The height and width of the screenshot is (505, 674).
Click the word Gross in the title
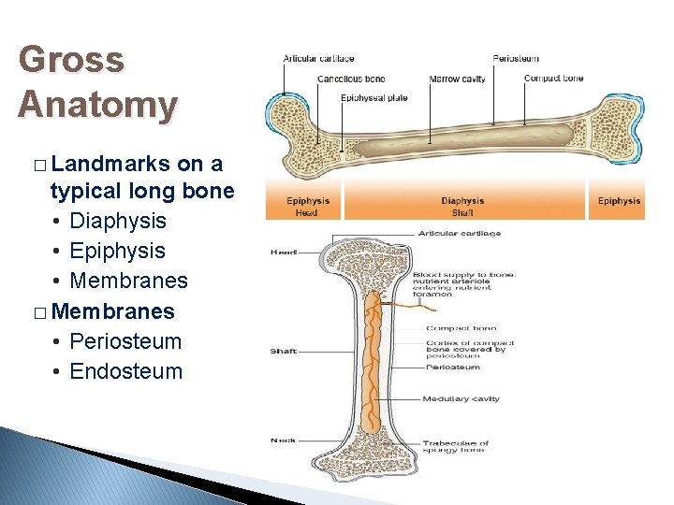[x=70, y=61]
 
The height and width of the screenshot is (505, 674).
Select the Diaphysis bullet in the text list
[x=118, y=221]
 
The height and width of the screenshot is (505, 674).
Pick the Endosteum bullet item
[x=126, y=371]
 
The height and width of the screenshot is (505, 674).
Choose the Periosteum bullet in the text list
[x=125, y=341]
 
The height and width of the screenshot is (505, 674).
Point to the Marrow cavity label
[x=457, y=79]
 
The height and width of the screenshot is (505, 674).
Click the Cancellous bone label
[x=351, y=79]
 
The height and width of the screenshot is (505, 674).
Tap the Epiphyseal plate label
[x=374, y=98]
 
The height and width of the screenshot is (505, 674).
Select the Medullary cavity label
[x=461, y=399]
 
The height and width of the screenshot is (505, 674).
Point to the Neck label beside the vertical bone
[x=282, y=440]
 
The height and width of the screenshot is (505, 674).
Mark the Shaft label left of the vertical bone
[x=284, y=352]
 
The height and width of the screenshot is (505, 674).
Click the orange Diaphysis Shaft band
[x=462, y=206]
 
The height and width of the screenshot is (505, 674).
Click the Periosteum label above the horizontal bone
[x=516, y=59]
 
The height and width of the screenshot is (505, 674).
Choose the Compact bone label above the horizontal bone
[x=553, y=79]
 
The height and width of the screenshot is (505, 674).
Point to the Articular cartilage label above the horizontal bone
[x=318, y=59]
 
